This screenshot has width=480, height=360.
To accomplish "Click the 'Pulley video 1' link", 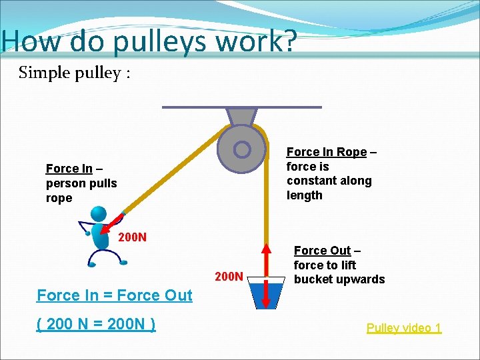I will [403, 328].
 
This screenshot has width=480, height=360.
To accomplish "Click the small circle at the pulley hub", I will [242, 149].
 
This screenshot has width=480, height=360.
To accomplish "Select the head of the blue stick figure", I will [99, 215].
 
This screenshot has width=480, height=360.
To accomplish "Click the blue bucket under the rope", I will [265, 295].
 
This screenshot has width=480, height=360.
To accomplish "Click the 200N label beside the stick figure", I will [133, 237].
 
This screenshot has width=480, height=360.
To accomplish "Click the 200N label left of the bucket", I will [229, 273].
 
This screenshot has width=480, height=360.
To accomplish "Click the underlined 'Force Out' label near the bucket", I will [322, 251].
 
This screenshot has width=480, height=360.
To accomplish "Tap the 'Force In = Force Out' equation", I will [115, 295].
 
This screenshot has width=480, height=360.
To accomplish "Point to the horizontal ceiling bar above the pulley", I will [241, 107].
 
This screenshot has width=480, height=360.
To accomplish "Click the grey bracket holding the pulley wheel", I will [241, 117].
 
